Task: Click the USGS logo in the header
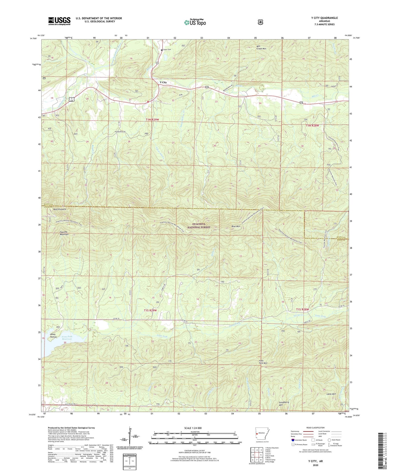pyautogui.click(x=59, y=21)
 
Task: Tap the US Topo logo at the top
pyautogui.click(x=195, y=22)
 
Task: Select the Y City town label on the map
pyautogui.click(x=163, y=82)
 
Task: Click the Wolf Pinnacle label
pyautogui.click(x=60, y=209)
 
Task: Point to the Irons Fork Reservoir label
pyautogui.click(x=69, y=338)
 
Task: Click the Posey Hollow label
pyautogui.click(x=54, y=335)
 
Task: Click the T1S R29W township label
pyautogui.click(x=150, y=310)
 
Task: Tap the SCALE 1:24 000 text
pyautogui.click(x=193, y=428)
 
